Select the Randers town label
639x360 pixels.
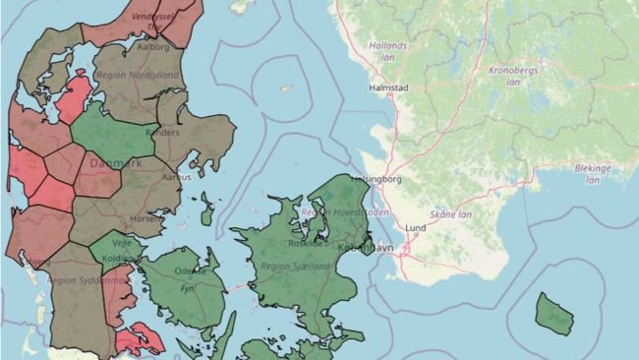162,132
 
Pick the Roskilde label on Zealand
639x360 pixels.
305,243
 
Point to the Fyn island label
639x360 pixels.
187,289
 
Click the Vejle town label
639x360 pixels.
123,241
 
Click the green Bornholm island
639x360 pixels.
553,312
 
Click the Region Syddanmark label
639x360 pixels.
88,280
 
